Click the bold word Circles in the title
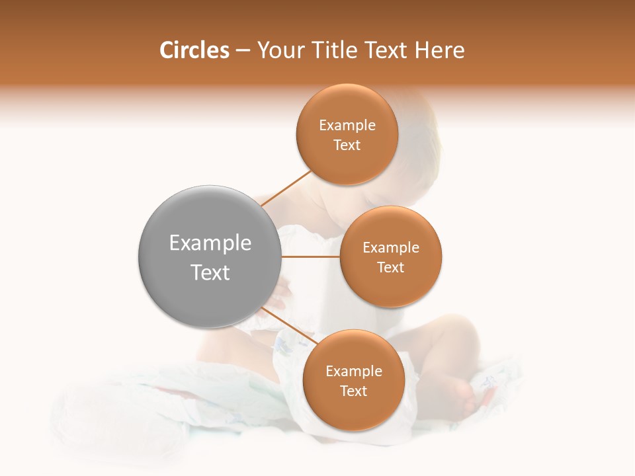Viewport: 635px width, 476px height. point(194,50)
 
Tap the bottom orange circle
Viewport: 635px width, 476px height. point(353,410)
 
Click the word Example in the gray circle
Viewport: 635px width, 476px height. point(210,243)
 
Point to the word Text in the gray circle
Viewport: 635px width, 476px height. point(210,272)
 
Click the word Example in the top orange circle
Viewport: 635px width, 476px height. point(347,126)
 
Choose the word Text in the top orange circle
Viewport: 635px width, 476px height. point(347,145)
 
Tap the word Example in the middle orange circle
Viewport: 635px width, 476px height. point(391,248)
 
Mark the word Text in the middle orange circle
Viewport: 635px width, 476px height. point(391,268)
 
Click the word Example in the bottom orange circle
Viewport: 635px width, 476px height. point(353,372)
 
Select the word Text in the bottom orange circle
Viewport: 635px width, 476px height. point(353,391)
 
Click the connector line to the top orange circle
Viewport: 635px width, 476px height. point(286,188)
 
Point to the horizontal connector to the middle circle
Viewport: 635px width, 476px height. point(311,256)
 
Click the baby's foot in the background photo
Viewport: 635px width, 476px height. point(456,390)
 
